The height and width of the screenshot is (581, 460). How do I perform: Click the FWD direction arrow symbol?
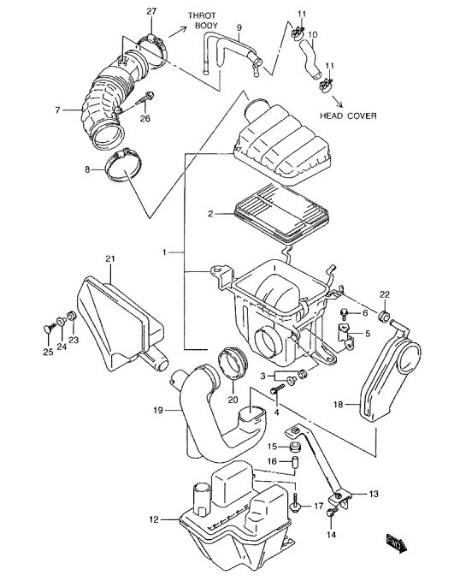coord(396,544)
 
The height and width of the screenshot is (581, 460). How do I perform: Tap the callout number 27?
coord(151,11)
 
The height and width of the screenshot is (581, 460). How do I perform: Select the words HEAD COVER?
coord(348,116)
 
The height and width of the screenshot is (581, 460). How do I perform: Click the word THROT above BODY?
coord(202,15)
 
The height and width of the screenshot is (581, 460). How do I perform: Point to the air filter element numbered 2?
coord(281,215)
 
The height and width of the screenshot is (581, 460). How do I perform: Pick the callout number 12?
coord(154,519)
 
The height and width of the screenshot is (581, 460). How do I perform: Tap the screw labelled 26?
coord(146,99)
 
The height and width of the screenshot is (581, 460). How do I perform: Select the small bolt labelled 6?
coord(345,314)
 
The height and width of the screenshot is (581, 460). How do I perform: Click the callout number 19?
coord(158,410)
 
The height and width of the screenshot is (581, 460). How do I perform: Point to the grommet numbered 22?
coord(384,316)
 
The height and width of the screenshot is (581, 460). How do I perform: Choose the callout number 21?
coord(110,258)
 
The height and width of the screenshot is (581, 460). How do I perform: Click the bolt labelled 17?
coord(296,502)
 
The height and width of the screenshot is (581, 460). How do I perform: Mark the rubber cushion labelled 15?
coord(295,447)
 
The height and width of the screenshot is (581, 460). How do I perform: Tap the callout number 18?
coord(339,405)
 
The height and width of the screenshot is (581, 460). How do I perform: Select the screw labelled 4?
coord(277,388)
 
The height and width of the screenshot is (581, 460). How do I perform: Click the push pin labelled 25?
coord(50,328)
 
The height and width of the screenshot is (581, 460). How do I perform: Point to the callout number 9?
coord(239,27)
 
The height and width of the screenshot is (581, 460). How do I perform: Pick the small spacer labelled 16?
coord(295,462)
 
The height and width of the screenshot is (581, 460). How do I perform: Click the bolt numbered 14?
coord(333,512)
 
